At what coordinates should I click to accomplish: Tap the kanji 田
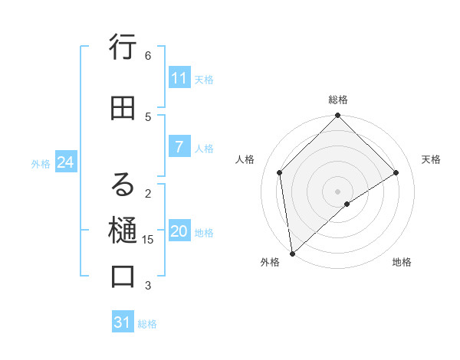point(123,109)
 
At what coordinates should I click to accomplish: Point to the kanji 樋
point(123,230)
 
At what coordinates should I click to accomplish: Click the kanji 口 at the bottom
point(123,277)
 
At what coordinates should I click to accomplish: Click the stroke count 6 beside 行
point(148,56)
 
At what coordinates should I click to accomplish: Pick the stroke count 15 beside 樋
point(148,240)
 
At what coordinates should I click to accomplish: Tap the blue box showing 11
point(179,78)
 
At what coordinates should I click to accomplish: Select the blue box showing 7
point(179,147)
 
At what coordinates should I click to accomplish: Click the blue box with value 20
point(179,232)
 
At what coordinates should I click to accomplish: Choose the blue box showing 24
point(65,162)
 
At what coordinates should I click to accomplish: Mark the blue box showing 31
point(123,322)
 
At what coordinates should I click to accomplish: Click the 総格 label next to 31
point(148,324)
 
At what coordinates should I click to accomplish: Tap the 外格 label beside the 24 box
point(41,163)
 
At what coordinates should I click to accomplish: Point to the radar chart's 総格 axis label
point(338,100)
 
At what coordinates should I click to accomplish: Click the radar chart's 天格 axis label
point(431,159)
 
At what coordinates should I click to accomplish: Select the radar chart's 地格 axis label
point(402,262)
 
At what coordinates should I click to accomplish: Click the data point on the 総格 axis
point(338,116)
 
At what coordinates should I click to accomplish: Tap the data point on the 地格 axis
point(347,204)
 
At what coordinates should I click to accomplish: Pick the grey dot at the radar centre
point(338,191)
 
